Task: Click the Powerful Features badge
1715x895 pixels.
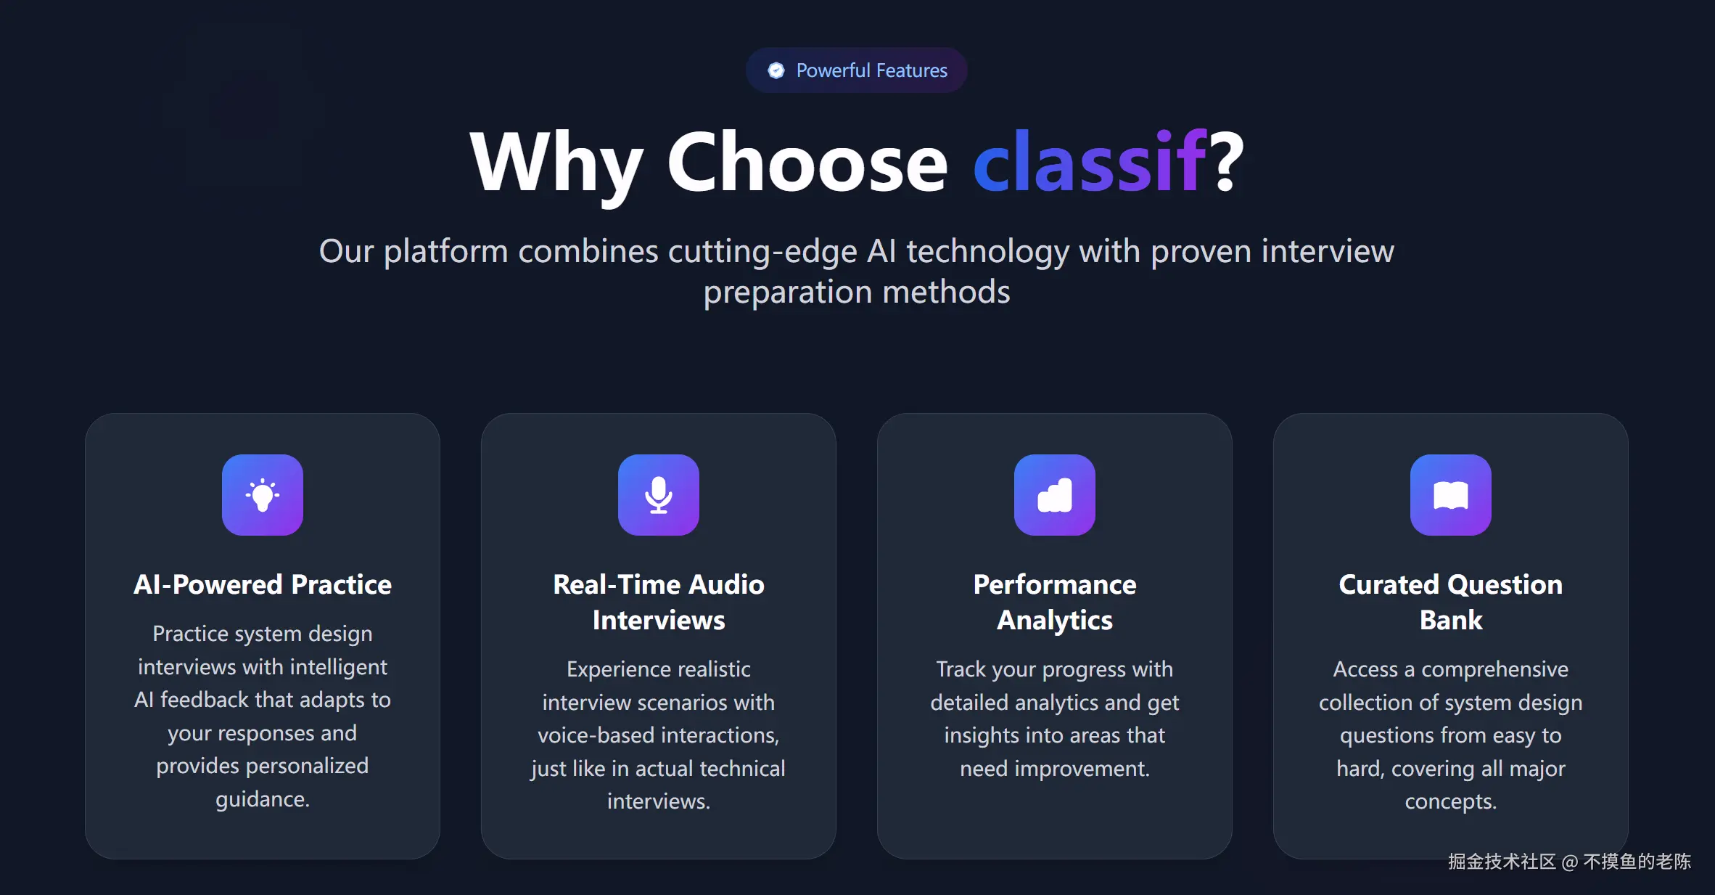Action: [x=857, y=70]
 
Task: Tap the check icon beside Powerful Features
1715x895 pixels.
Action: [x=776, y=70]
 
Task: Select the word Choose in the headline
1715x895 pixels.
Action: [x=807, y=163]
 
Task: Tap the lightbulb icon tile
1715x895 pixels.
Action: [x=263, y=495]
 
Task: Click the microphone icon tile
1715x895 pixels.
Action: [x=659, y=495]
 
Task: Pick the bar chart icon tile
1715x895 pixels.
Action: [x=1055, y=495]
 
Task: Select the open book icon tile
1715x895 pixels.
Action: [x=1451, y=495]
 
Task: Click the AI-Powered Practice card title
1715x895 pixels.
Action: [x=263, y=585]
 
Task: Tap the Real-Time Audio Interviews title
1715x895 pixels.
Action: [x=659, y=602]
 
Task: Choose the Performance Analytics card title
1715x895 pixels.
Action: [x=1055, y=602]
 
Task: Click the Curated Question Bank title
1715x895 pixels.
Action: [x=1451, y=602]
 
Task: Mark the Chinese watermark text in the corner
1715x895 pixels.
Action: [x=1570, y=862]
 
